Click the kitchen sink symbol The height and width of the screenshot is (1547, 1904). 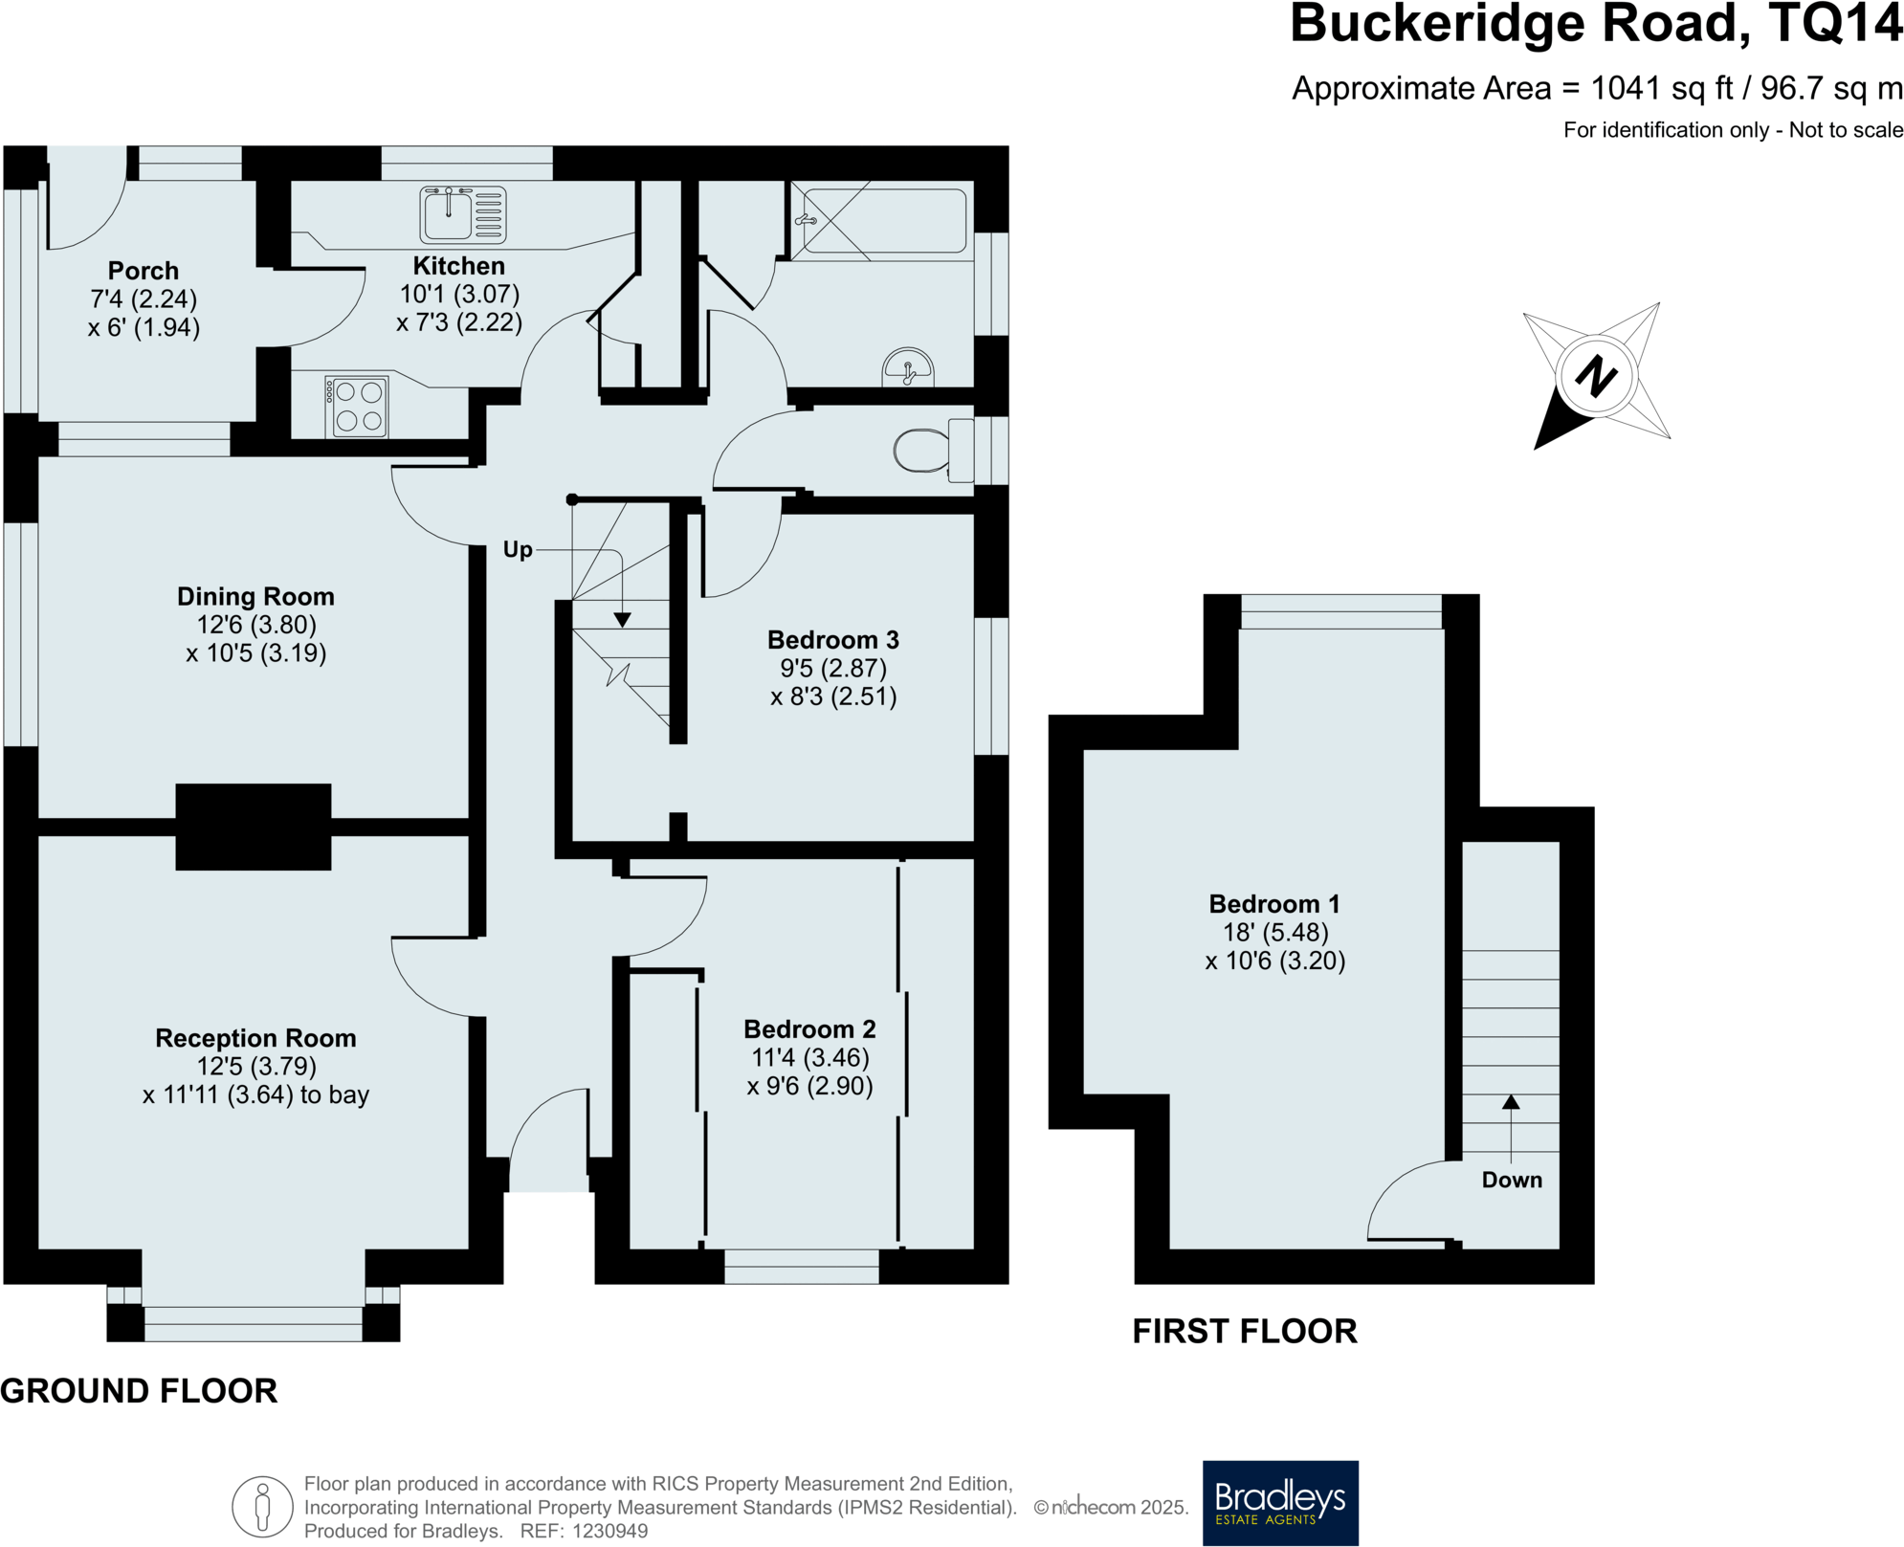pyautogui.click(x=462, y=215)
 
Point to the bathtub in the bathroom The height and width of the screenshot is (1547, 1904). pyautogui.click(x=882, y=221)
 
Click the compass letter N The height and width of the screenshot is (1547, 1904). pyautogui.click(x=1595, y=376)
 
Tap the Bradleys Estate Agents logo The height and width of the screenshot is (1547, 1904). pyautogui.click(x=1279, y=1501)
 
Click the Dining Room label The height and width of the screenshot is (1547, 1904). pyautogui.click(x=255, y=597)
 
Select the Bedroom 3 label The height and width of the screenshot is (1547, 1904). pyautogui.click(x=832, y=640)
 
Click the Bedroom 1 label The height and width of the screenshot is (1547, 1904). pyautogui.click(x=1273, y=904)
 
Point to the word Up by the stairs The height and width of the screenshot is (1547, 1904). pyautogui.click(x=517, y=550)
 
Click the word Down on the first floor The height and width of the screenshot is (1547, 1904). pyautogui.click(x=1511, y=1180)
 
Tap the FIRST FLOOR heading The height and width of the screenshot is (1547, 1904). pyautogui.click(x=1244, y=1332)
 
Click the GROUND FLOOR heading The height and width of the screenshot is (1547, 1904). pyautogui.click(x=139, y=1391)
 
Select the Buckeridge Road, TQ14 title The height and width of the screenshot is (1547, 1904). pyautogui.click(x=1595, y=25)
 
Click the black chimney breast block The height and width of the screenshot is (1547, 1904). pyautogui.click(x=254, y=827)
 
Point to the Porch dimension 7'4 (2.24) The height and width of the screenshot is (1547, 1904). pyautogui.click(x=144, y=299)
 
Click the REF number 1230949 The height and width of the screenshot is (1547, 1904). pyautogui.click(x=609, y=1531)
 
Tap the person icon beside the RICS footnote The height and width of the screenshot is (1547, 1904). pyautogui.click(x=262, y=1507)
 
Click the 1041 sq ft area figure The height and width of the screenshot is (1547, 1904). pyautogui.click(x=1661, y=89)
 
